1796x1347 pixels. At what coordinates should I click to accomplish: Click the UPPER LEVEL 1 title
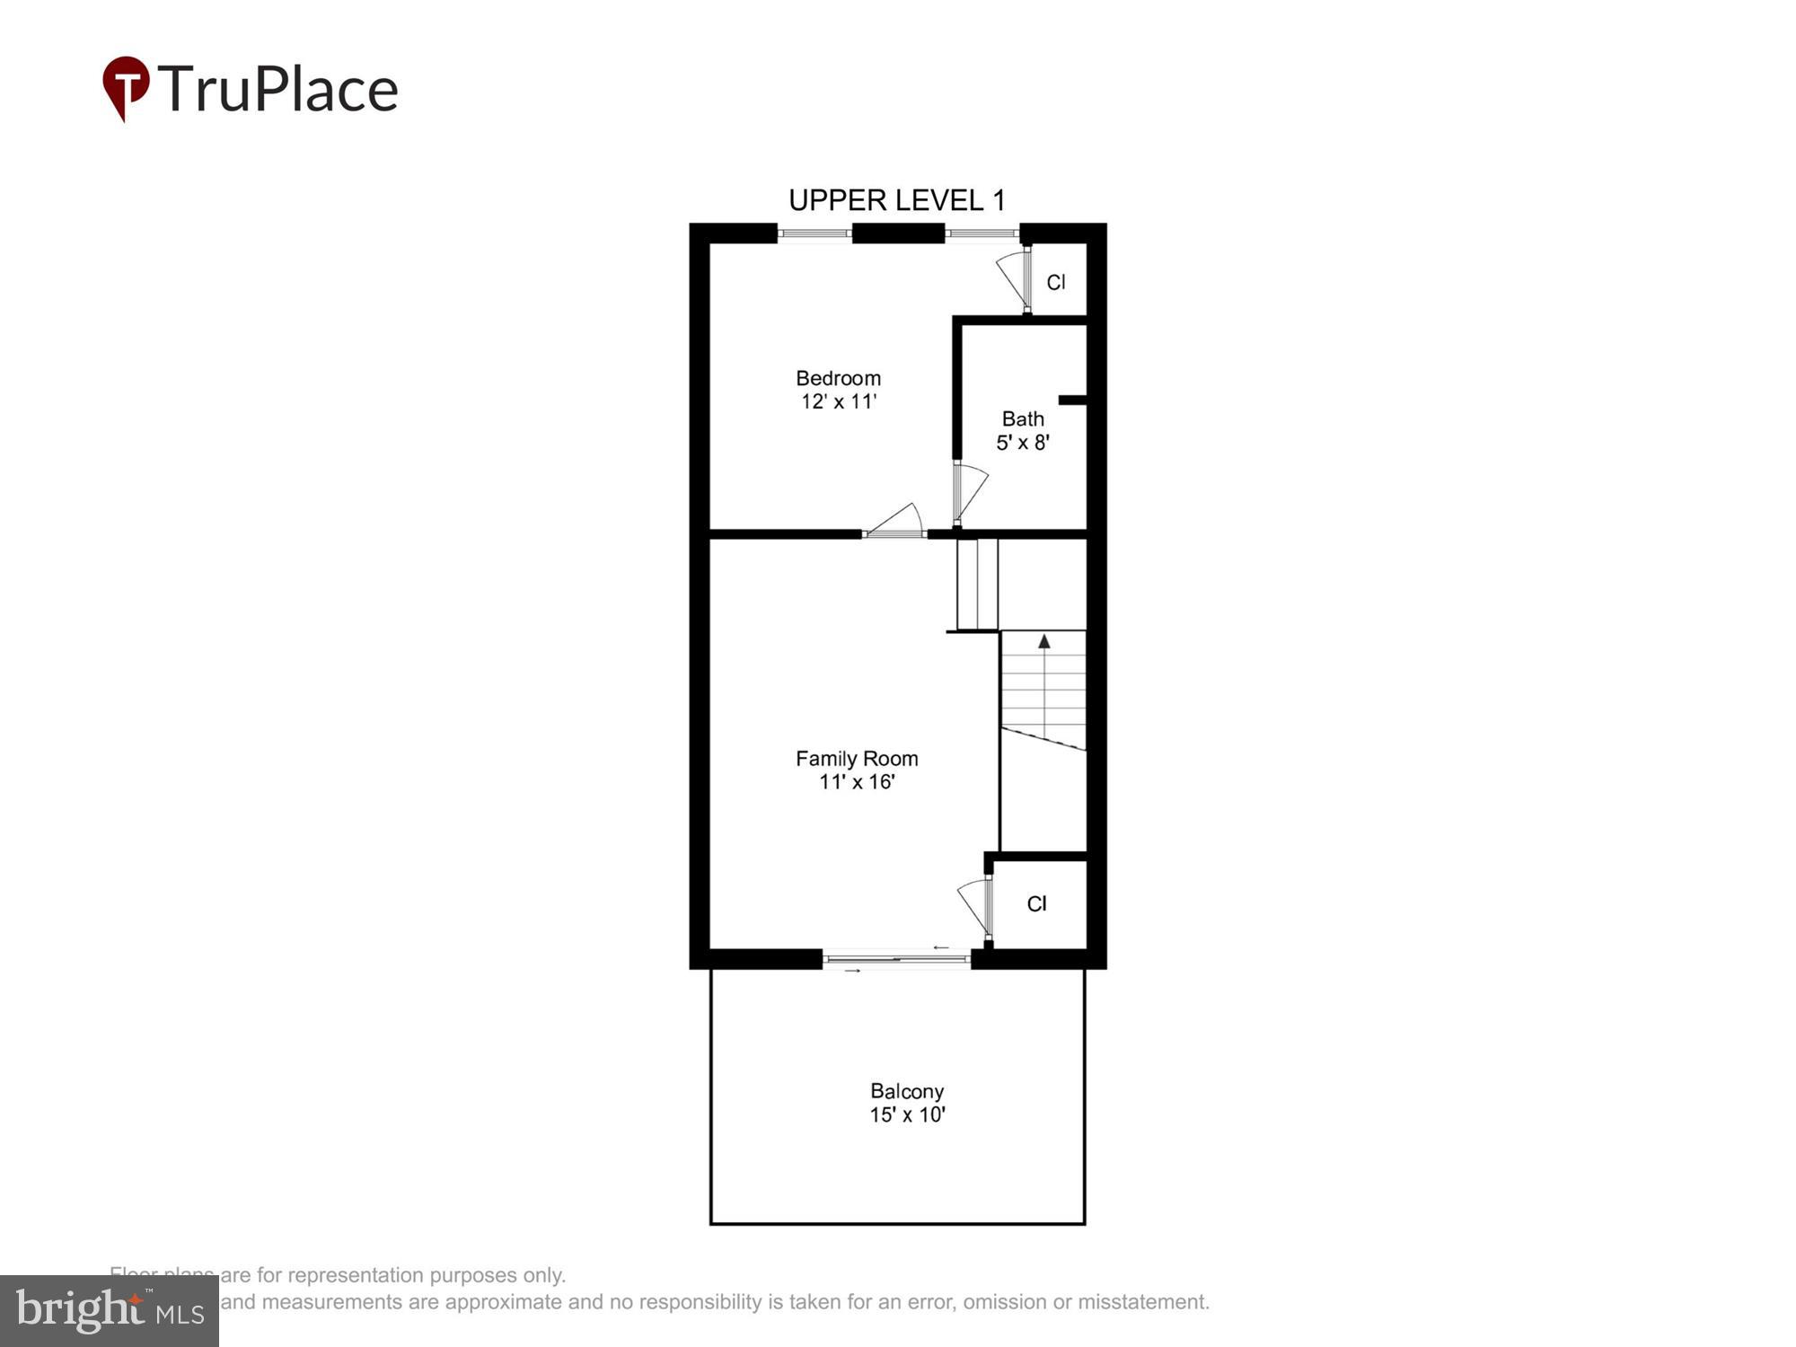coord(896,200)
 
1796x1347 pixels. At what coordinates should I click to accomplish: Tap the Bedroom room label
coord(838,378)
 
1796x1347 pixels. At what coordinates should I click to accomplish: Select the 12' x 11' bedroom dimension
coord(838,401)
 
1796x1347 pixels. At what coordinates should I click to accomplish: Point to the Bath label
coord(1023,418)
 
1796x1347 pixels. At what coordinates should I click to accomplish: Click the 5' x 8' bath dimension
coord(1023,442)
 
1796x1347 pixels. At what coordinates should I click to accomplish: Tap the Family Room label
coord(857,759)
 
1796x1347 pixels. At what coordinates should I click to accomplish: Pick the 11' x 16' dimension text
coord(857,782)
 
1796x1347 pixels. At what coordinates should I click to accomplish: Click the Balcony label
coord(907,1091)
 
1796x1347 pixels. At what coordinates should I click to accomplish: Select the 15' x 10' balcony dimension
coord(907,1114)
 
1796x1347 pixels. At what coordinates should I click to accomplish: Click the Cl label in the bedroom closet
coord(1056,282)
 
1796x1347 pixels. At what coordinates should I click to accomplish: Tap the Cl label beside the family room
coord(1036,903)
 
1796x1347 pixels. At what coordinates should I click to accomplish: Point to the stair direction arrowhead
coord(1043,641)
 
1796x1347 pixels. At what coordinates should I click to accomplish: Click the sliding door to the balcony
coord(896,960)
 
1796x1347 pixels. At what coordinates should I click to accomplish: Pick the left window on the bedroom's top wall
coord(814,233)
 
